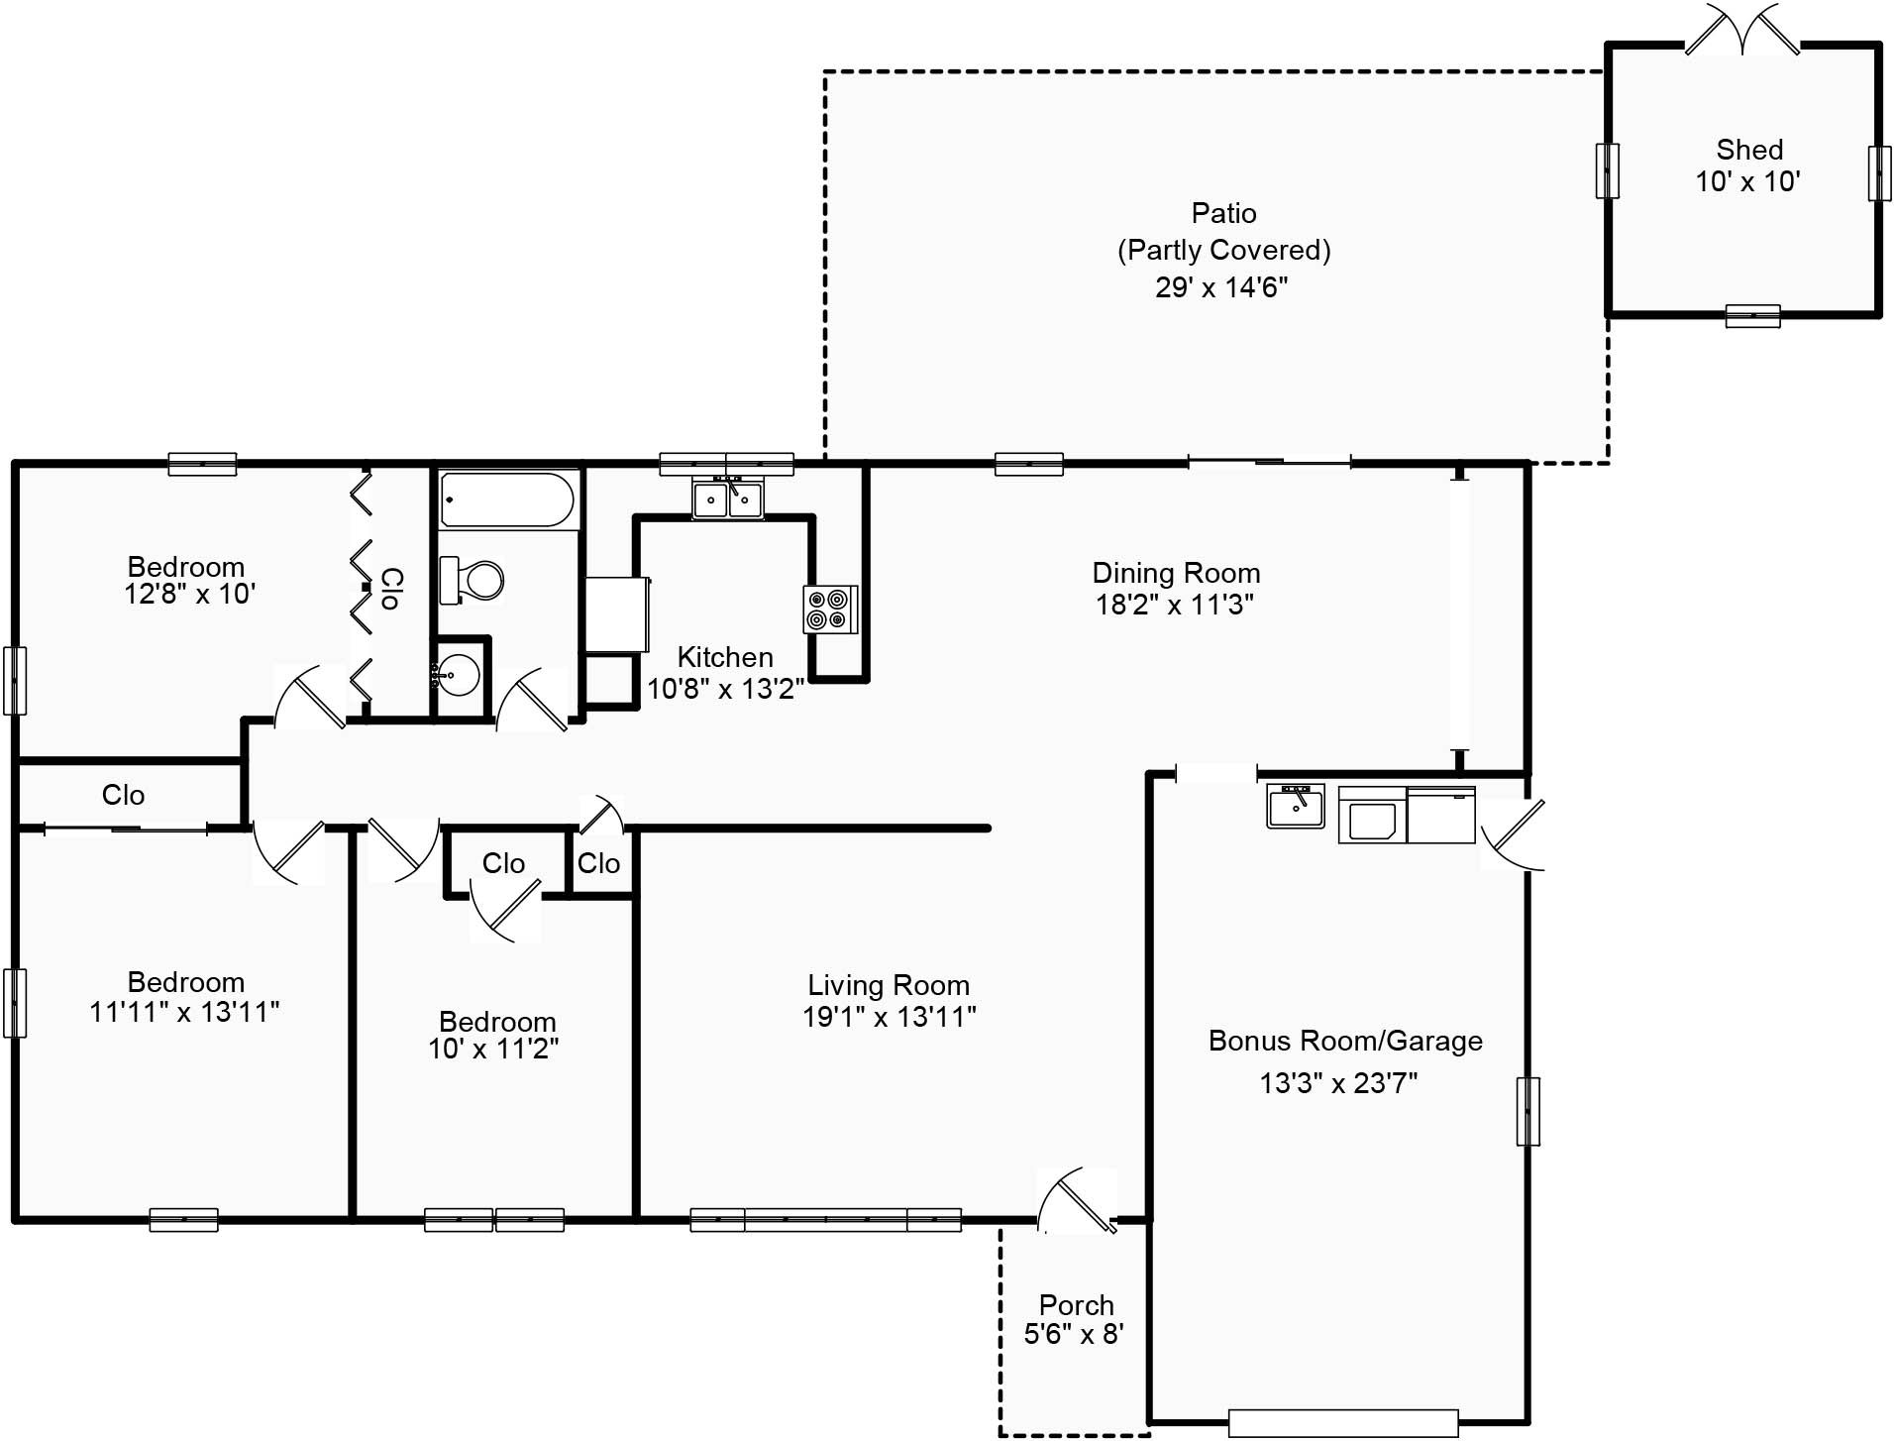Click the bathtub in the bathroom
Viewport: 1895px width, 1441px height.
(x=507, y=499)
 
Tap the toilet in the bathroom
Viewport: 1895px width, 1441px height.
(x=472, y=580)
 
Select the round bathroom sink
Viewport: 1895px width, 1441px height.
(x=456, y=676)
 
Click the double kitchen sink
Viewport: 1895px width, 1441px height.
(x=728, y=499)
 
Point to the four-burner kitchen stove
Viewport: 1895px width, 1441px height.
(x=829, y=610)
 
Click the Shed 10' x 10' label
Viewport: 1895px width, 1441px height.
(x=1748, y=166)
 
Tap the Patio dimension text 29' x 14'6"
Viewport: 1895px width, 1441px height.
(x=1221, y=287)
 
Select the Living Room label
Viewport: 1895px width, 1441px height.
(x=889, y=985)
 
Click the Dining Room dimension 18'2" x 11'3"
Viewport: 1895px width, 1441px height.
(x=1175, y=605)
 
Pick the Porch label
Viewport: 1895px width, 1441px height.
(x=1076, y=1304)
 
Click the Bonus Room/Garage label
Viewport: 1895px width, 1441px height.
(x=1345, y=1041)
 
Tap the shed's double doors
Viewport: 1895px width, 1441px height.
(x=1742, y=30)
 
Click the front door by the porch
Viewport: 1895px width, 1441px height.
(x=1077, y=1201)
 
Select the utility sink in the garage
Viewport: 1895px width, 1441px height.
(x=1296, y=806)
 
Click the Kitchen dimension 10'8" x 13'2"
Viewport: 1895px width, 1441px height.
(x=725, y=689)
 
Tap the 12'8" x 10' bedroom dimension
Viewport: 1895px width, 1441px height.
(x=190, y=595)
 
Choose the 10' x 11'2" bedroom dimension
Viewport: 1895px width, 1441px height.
(x=493, y=1049)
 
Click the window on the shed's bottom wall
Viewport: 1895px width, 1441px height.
(x=1752, y=316)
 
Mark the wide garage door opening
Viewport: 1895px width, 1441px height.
(x=1343, y=1423)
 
